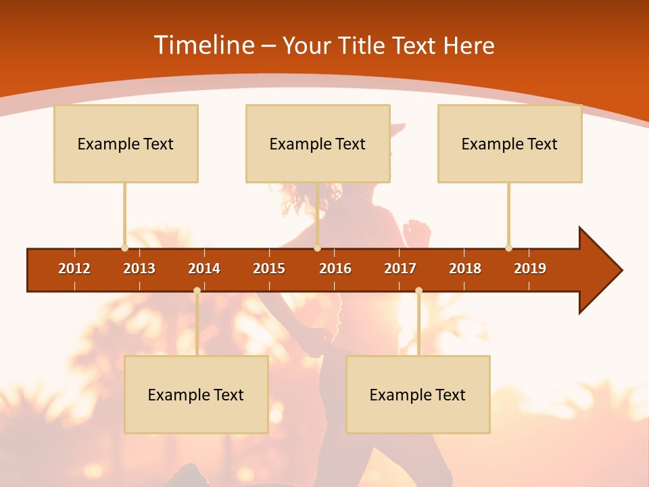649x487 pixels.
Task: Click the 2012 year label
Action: click(x=74, y=269)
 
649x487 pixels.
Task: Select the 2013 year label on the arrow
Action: click(x=139, y=269)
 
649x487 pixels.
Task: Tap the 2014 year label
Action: click(x=204, y=269)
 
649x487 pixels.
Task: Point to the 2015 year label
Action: click(x=269, y=269)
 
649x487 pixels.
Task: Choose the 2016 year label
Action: click(x=335, y=269)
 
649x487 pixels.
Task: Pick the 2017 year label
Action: click(x=400, y=269)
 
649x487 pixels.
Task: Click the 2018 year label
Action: click(x=465, y=269)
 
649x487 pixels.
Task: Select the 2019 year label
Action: click(x=530, y=269)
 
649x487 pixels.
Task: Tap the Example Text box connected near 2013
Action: click(x=126, y=144)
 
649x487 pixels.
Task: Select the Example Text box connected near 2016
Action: click(x=318, y=144)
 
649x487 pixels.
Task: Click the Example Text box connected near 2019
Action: click(x=510, y=144)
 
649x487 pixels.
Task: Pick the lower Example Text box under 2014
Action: click(x=196, y=395)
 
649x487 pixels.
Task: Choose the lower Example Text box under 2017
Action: click(x=418, y=395)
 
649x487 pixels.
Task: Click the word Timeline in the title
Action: click(x=203, y=45)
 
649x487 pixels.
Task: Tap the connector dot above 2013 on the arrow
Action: click(x=124, y=248)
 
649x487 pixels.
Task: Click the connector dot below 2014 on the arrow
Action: click(x=197, y=291)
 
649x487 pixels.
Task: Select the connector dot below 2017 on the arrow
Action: click(x=418, y=291)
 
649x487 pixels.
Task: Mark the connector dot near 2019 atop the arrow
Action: click(x=508, y=248)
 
